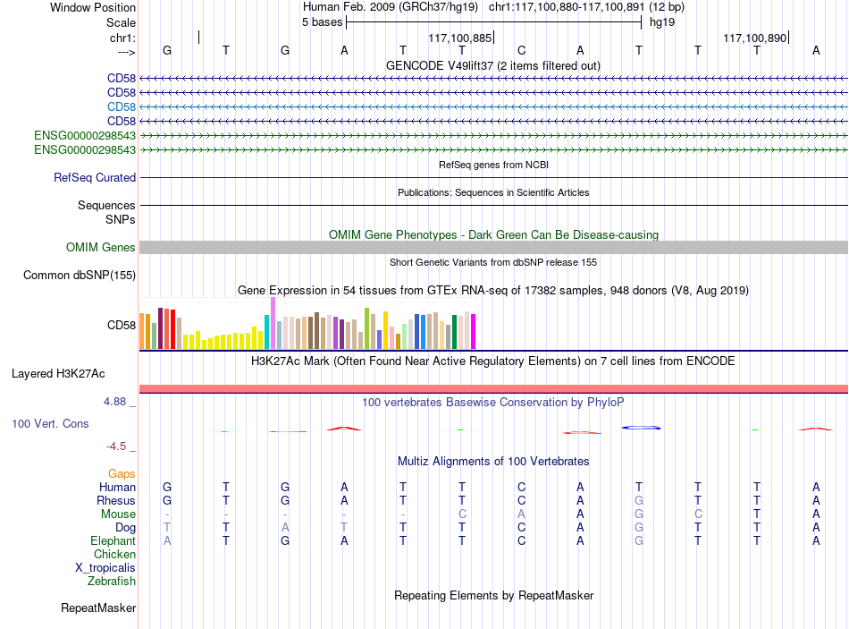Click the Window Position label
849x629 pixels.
[x=93, y=7]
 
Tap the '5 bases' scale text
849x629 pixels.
[x=322, y=22]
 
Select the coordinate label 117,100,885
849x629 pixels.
[x=459, y=38]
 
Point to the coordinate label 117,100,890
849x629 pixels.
[x=755, y=38]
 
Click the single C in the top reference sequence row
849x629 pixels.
[x=521, y=50]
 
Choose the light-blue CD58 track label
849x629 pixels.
[x=122, y=106]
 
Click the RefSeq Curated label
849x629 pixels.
[x=95, y=177]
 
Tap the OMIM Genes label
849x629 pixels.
[x=101, y=247]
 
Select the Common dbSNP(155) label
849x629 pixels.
[x=80, y=275]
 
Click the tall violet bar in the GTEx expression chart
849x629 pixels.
[x=273, y=323]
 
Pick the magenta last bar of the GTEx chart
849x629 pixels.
[x=474, y=331]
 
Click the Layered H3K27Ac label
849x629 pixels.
[x=58, y=374]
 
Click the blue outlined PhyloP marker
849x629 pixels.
[x=641, y=428]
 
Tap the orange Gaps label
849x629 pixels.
[x=122, y=474]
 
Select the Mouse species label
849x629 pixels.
[x=118, y=514]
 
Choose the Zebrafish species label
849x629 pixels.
[x=112, y=582]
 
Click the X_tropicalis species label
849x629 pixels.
[x=105, y=568]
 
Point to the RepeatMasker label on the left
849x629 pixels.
[x=98, y=608]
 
